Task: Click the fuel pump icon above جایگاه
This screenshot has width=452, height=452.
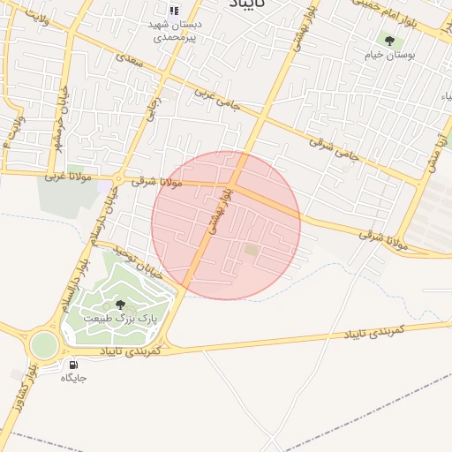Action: tap(72, 365)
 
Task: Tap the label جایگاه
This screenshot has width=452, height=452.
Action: tap(73, 378)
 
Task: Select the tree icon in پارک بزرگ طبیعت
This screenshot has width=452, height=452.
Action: tap(120, 305)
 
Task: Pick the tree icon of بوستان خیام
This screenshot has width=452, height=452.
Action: tap(389, 41)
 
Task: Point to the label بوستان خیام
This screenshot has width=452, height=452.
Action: tap(389, 55)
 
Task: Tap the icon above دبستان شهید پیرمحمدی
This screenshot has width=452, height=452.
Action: tap(174, 11)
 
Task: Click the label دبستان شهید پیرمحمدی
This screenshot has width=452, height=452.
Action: tap(175, 32)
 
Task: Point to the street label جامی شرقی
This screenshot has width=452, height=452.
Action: tap(335, 145)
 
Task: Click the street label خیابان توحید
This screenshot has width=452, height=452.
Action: tap(142, 263)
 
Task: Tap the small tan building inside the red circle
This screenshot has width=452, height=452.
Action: tap(252, 251)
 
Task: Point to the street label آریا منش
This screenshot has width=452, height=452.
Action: tap(434, 149)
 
